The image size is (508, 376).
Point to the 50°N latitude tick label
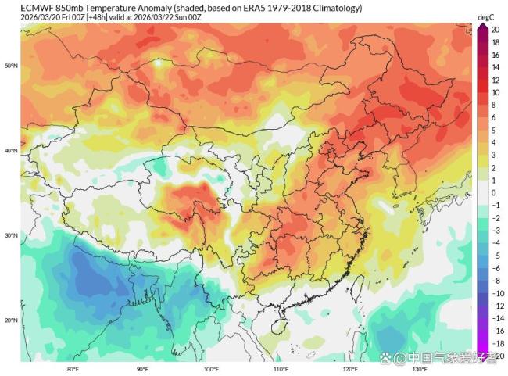click(11, 66)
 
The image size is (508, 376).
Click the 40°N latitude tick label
click(11, 151)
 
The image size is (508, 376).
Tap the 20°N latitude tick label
click(11, 320)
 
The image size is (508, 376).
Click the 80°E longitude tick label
click(73, 367)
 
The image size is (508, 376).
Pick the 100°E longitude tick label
click(211, 367)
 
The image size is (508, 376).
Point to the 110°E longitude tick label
click(281, 367)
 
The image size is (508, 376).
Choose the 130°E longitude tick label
click(419, 367)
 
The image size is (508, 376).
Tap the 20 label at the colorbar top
click(495, 30)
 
